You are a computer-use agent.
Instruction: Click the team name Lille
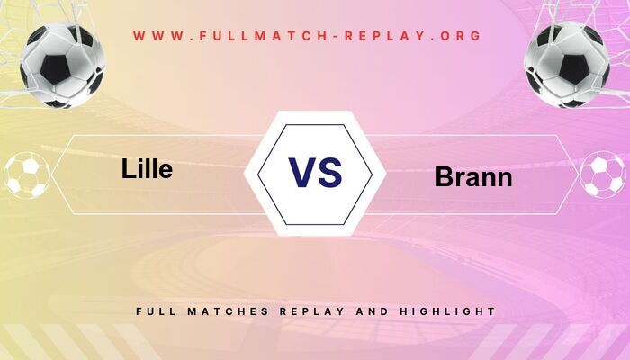(x=147, y=168)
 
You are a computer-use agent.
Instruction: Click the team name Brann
(x=473, y=176)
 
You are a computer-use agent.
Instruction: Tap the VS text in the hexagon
(x=315, y=173)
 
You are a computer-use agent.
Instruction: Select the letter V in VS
(x=301, y=173)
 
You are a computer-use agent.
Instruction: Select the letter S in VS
(x=330, y=173)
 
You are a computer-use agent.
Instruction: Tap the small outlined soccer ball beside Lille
(x=26, y=175)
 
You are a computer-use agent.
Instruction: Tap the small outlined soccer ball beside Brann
(x=602, y=175)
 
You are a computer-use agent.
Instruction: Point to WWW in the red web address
(x=159, y=37)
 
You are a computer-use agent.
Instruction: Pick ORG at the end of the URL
(x=460, y=37)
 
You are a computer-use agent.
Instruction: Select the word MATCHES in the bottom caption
(x=228, y=311)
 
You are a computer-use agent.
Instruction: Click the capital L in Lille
(x=128, y=168)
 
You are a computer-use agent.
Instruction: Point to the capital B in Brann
(x=444, y=176)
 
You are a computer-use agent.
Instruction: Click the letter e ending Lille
(x=165, y=170)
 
